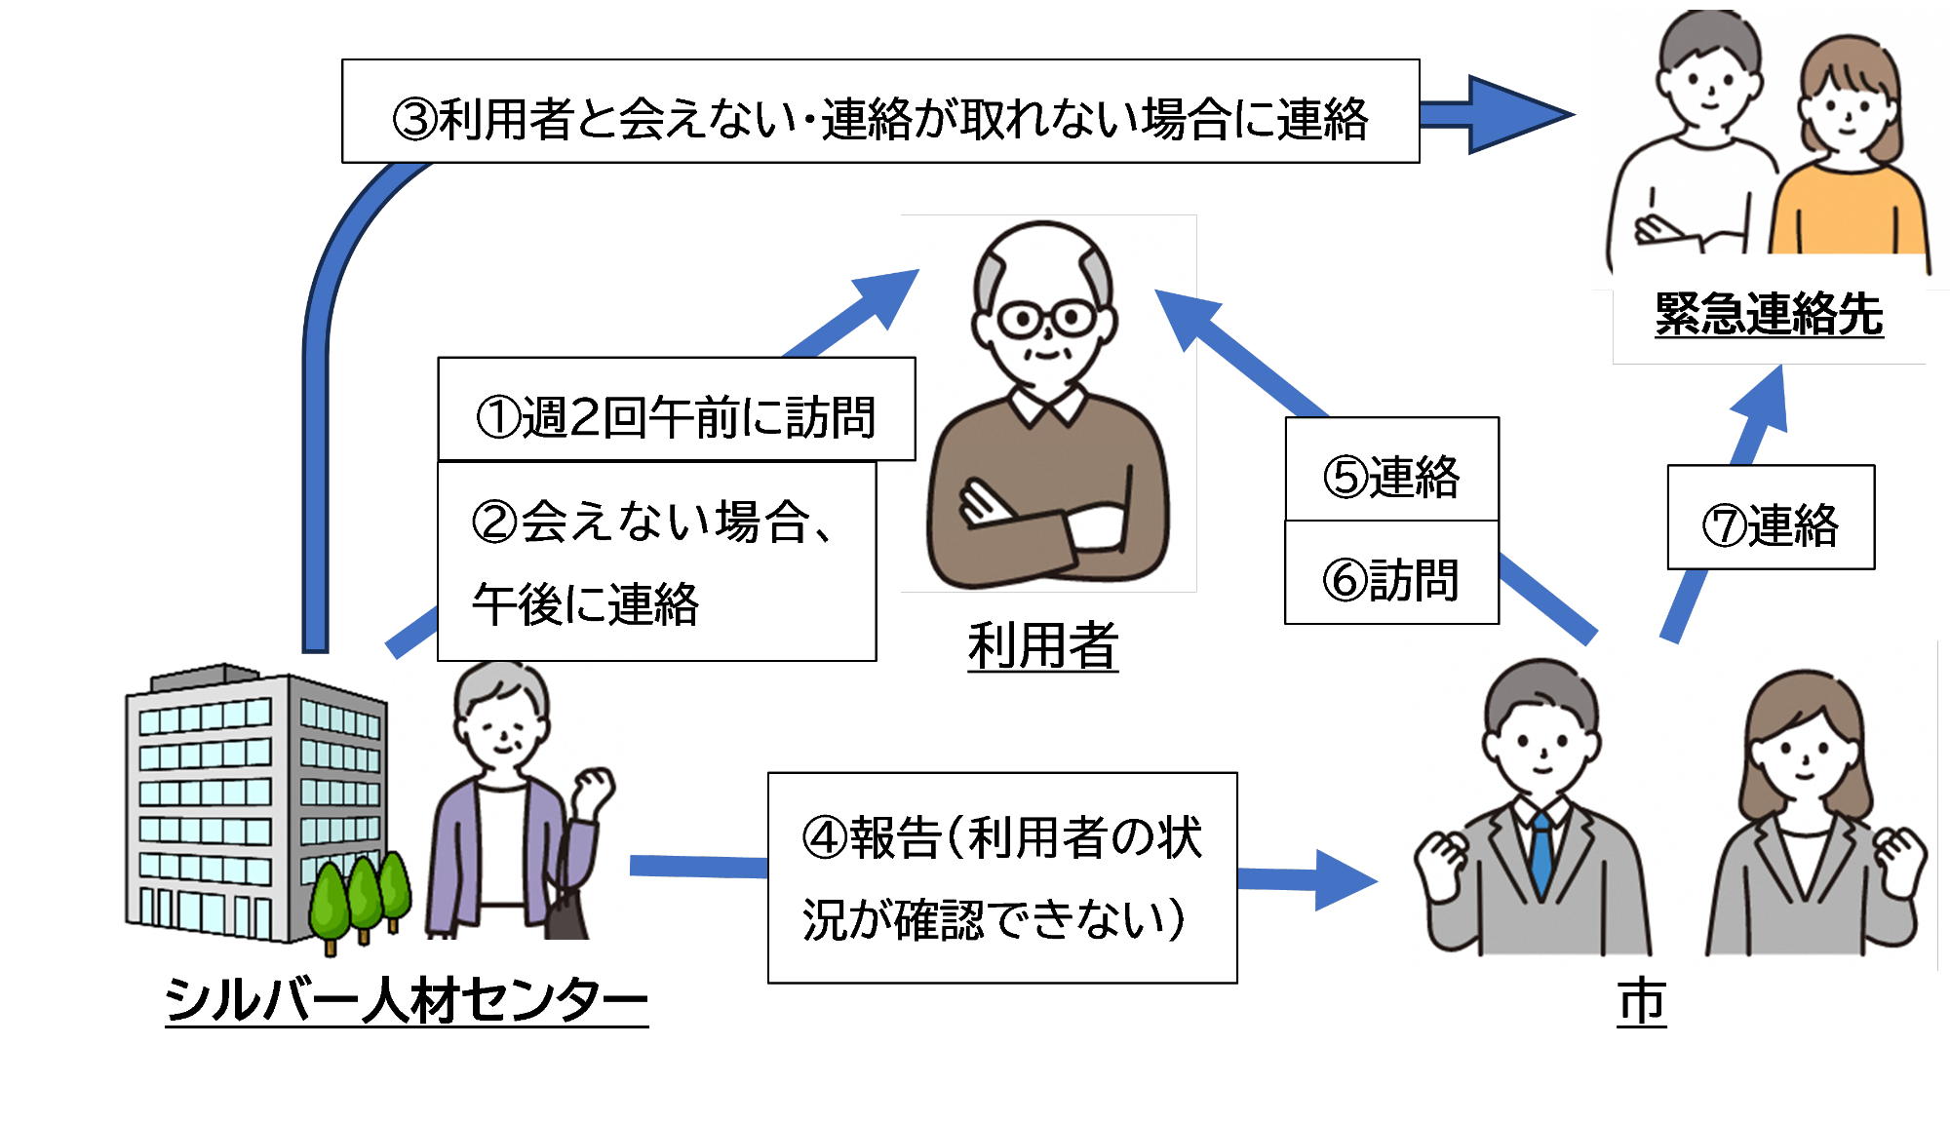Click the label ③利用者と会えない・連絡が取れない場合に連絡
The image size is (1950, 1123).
click(879, 118)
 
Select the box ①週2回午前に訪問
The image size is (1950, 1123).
click(676, 416)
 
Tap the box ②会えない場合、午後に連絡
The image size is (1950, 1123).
click(655, 561)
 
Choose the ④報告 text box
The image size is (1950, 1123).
click(1001, 877)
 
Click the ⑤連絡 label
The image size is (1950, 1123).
click(1391, 476)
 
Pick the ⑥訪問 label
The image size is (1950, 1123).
click(1391, 579)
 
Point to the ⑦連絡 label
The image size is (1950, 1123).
click(1770, 523)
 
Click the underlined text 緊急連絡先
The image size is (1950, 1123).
click(1769, 314)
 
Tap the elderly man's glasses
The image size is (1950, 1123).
click(1046, 319)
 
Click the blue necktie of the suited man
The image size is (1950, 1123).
click(1541, 853)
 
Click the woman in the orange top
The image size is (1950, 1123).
click(1846, 166)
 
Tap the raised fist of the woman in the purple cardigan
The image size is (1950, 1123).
click(594, 787)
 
